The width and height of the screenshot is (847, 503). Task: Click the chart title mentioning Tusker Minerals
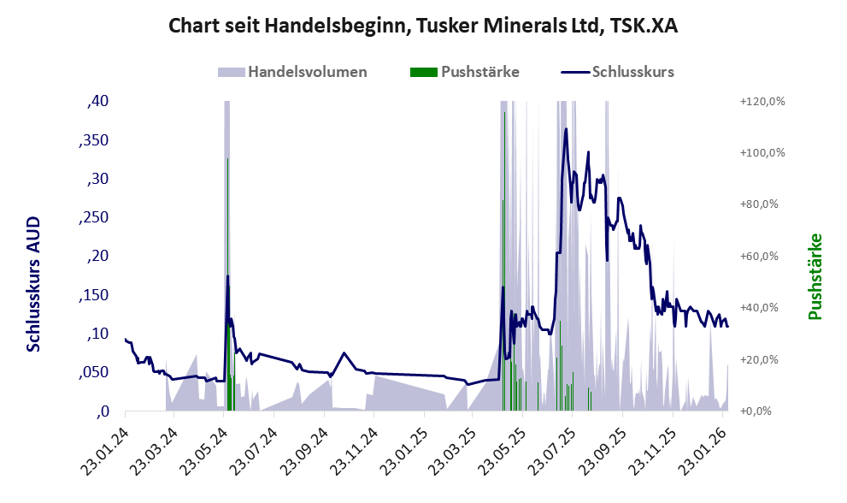point(423,26)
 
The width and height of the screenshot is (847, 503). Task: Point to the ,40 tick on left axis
point(98,101)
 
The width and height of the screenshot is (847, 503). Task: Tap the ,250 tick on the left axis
point(94,217)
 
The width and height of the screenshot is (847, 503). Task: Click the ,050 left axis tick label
point(94,372)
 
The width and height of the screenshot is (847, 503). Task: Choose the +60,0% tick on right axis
point(763,256)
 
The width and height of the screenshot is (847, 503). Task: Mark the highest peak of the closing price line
point(566,129)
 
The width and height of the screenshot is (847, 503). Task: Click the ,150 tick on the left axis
point(94,295)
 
